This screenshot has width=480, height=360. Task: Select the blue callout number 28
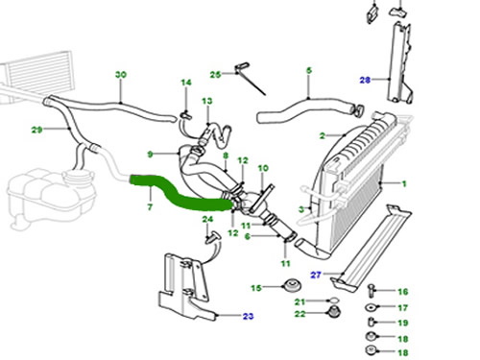tap(365, 80)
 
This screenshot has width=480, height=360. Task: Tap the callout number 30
tap(121, 75)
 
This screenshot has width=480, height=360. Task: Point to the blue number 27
tap(316, 275)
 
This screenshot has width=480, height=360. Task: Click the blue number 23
tap(248, 316)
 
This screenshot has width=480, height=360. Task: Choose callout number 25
tap(215, 75)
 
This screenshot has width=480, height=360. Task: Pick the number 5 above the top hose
tap(309, 70)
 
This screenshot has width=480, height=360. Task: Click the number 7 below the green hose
tap(150, 207)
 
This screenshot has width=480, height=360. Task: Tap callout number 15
tap(256, 288)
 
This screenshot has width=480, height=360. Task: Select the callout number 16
tap(403, 292)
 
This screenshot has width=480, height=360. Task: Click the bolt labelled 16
tap(372, 290)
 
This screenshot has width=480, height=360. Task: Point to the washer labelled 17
tap(371, 307)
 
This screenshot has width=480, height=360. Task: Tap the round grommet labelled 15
tap(292, 285)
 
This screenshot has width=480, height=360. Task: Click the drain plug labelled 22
tap(334, 312)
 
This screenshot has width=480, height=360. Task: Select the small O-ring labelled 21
tap(333, 300)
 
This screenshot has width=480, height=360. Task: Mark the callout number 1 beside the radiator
tap(404, 183)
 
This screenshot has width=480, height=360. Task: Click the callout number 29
tap(36, 130)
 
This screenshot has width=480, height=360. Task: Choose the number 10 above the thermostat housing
tap(263, 168)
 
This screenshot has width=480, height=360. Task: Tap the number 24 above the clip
tap(207, 219)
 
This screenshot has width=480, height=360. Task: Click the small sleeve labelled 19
tap(372, 322)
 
